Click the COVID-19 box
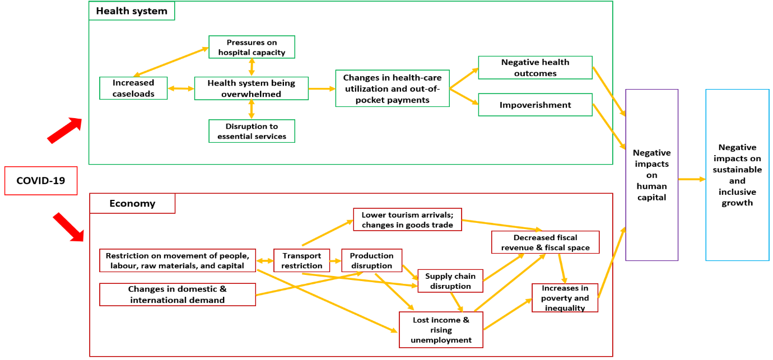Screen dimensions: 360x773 pos(41,180)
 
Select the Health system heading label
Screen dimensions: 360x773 pos(132,11)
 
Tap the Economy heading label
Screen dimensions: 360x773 pos(132,203)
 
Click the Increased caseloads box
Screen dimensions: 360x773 pos(133,88)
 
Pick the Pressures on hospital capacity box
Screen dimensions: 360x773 pos(252,47)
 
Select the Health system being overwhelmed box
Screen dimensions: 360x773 pos(251,88)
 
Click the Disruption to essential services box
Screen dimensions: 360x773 pos(252,131)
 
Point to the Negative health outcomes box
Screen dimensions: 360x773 pos(535,68)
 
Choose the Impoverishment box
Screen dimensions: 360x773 pos(535,105)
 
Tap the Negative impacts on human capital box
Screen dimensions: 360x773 pos(651,175)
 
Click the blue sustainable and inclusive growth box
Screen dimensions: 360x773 pos(737,175)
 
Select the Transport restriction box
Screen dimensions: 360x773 pos(301,260)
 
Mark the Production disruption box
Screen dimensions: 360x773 pos(371,260)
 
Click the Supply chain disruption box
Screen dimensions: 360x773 pos(450,280)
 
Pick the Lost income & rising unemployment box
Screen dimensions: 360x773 pos(441,330)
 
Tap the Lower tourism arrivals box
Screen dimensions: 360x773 pos(407,219)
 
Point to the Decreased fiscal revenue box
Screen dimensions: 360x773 pos(545,242)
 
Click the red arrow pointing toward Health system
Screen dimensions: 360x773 pos(65,130)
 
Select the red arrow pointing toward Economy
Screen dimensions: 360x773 pos(68,227)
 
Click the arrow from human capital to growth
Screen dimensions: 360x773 pos(692,179)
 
